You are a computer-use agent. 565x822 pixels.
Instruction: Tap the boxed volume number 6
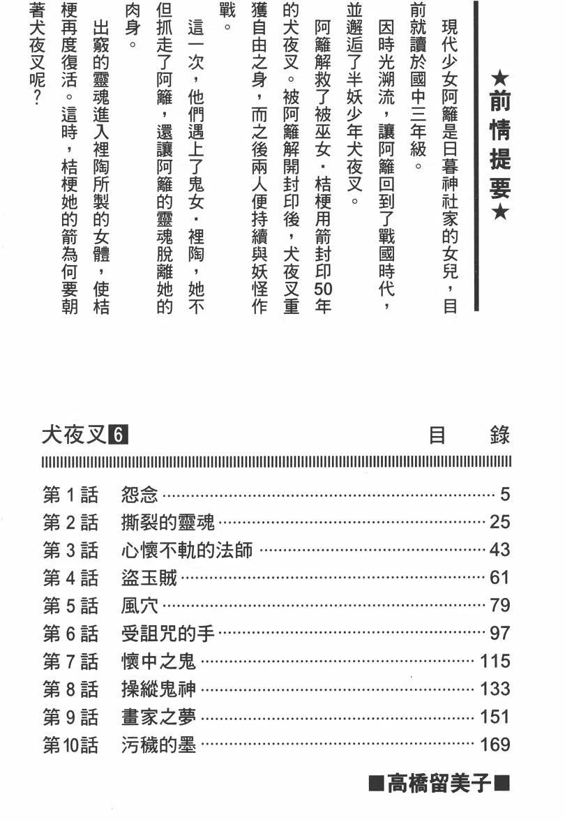(119, 436)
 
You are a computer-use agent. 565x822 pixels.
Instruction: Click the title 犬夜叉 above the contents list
(75, 436)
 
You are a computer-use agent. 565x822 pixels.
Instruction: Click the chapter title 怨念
(140, 495)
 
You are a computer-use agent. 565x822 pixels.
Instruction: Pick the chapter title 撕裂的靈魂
(168, 522)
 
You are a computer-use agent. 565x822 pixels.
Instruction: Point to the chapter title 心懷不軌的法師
(186, 550)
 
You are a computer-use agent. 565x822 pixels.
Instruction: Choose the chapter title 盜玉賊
(149, 577)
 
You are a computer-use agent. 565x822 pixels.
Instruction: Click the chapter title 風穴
(140, 605)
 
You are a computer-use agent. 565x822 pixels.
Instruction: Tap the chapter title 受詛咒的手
(168, 633)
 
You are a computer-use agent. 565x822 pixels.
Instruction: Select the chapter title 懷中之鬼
(158, 661)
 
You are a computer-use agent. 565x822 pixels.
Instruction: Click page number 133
(495, 689)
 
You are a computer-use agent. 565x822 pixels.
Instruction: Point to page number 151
(495, 717)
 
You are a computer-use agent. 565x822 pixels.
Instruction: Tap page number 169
(495, 745)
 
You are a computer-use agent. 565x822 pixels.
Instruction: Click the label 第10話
(70, 745)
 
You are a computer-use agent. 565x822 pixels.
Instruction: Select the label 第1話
(70, 495)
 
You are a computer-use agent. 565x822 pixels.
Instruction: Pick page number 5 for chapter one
(505, 495)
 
